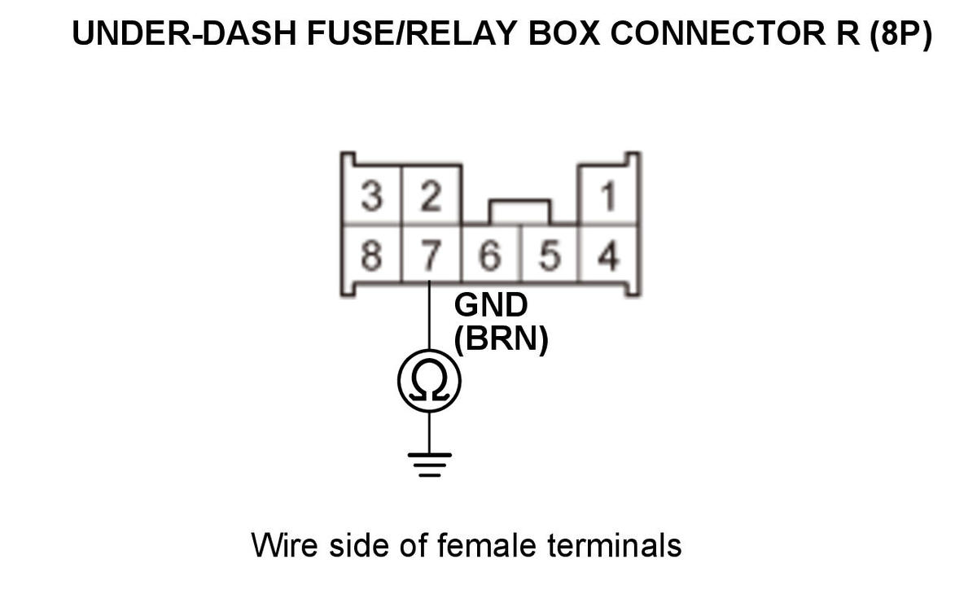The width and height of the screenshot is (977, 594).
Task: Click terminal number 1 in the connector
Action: pos(607,198)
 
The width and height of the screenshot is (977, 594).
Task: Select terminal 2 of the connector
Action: pos(432,198)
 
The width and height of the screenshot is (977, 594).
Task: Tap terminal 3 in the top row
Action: pos(371,198)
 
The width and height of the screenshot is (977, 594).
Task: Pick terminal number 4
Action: pos(607,256)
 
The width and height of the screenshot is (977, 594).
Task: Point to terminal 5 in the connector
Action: pos(550,256)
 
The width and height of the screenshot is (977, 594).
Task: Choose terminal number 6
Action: pos(492,256)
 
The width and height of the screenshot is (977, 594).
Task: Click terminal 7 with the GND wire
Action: pos(432,256)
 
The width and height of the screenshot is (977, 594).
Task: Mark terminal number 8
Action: pos(371,256)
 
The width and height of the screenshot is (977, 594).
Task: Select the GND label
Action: pos(491,305)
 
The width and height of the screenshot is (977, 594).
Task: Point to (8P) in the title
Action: pos(900,35)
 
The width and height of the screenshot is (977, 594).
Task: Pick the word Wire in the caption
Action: pos(286,544)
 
